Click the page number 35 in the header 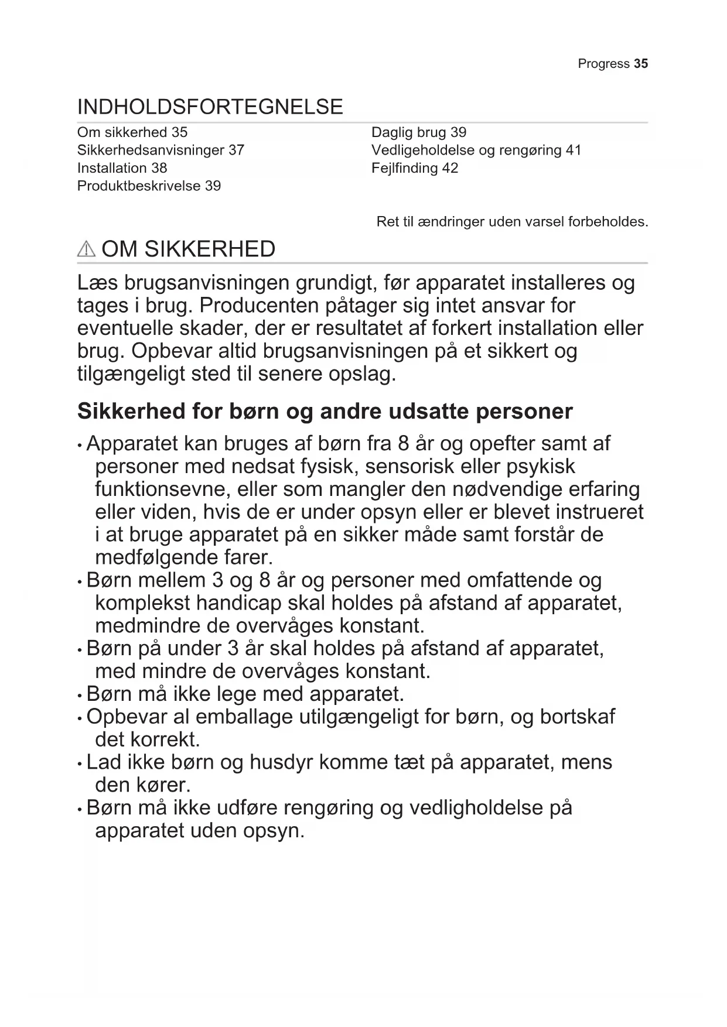pos(641,64)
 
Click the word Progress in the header pos(603,64)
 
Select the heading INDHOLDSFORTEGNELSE pos(210,107)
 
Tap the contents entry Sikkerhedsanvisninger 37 pos(161,150)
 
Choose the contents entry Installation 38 pos(122,168)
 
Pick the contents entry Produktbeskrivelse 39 pos(149,186)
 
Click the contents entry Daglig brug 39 pos(418,133)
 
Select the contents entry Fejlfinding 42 pos(414,168)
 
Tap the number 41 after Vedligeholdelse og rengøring pos(573,150)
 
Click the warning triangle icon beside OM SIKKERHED pos(86,249)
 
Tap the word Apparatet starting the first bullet pos(132,444)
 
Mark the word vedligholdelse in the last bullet pos(476,808)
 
